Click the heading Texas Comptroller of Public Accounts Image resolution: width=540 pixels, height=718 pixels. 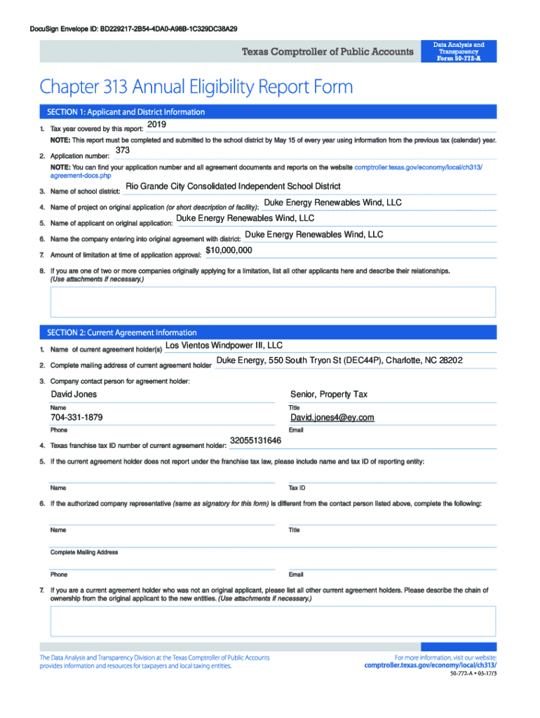[328, 52]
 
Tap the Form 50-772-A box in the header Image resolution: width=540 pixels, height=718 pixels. [459, 51]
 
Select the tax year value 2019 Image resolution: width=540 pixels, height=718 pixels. [156, 124]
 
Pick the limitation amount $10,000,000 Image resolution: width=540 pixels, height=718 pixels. [229, 250]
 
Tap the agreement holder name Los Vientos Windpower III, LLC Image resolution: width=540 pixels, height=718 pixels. [224, 346]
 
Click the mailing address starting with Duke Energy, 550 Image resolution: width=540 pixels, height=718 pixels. [339, 360]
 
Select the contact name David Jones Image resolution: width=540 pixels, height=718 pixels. [74, 395]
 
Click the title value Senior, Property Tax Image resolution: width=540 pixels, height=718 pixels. [329, 395]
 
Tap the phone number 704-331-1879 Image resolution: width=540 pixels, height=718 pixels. [76, 418]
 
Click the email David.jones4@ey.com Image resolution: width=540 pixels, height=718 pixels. [332, 418]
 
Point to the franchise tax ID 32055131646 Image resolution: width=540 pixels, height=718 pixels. [255, 441]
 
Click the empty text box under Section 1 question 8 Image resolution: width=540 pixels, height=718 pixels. [272, 302]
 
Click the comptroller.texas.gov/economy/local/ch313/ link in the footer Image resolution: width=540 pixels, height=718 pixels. [431, 665]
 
